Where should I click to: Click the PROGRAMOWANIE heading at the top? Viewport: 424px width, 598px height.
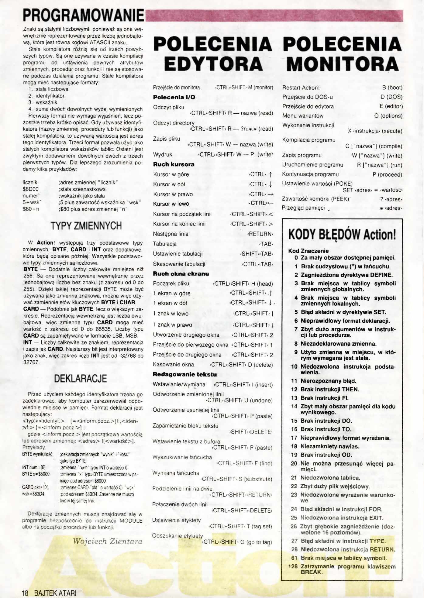[x=83, y=15]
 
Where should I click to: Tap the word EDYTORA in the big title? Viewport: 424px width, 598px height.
[x=213, y=64]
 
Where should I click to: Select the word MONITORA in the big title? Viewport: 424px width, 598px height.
[x=342, y=64]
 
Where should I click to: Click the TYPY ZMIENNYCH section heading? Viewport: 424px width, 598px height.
[x=86, y=226]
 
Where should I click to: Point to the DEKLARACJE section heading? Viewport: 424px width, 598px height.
[x=81, y=379]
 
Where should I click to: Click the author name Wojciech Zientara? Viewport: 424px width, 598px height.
[x=108, y=541]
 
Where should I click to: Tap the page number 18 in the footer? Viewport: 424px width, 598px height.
[x=25, y=593]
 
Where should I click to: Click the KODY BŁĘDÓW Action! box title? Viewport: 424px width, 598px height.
[x=342, y=234]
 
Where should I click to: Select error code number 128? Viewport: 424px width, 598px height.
[x=293, y=566]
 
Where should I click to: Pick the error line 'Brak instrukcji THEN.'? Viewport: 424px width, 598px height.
[x=330, y=389]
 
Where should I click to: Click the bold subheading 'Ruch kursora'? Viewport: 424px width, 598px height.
[x=174, y=164]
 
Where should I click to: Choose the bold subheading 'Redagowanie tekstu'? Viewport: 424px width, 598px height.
[x=185, y=374]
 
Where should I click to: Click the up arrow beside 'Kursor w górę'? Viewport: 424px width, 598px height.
[x=271, y=174]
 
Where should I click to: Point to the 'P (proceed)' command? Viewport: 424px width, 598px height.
[x=387, y=174]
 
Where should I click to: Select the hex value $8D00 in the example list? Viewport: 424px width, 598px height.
[x=31, y=189]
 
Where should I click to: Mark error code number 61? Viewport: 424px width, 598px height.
[x=294, y=558]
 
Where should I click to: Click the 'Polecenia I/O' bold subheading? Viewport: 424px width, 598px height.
[x=174, y=97]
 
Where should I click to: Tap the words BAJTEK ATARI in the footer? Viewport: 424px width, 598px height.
[x=55, y=593]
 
